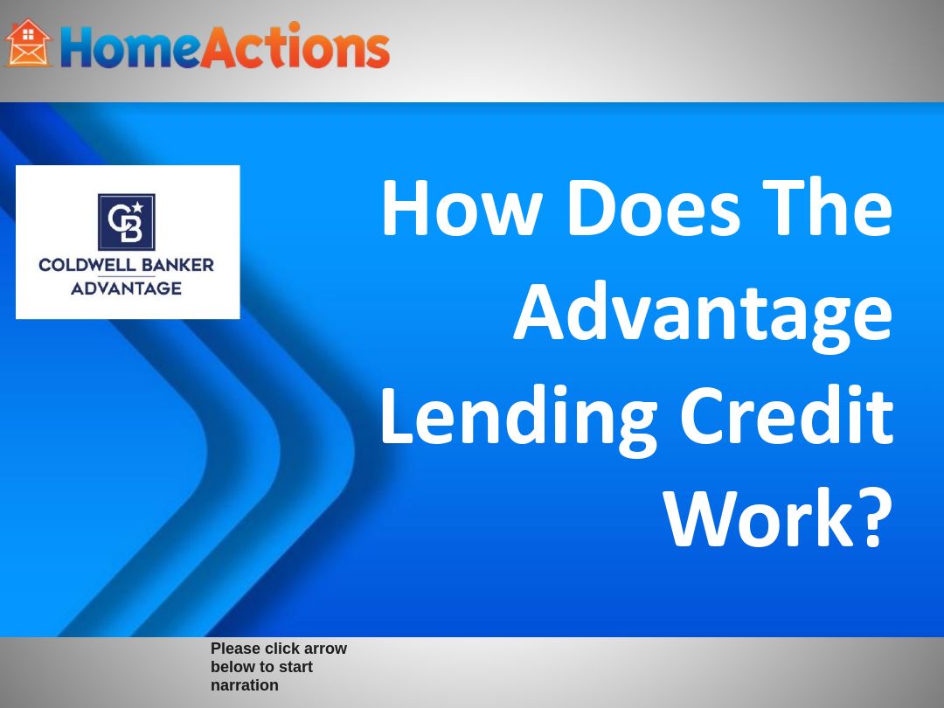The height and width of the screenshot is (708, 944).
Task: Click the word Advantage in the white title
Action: pyautogui.click(x=703, y=315)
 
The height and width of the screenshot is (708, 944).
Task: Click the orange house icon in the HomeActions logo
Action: pyautogui.click(x=29, y=44)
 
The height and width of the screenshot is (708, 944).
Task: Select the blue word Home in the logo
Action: pyautogui.click(x=129, y=47)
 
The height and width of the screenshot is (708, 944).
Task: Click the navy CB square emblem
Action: pyautogui.click(x=127, y=222)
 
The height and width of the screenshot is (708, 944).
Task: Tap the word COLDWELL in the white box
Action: pyautogui.click(x=81, y=265)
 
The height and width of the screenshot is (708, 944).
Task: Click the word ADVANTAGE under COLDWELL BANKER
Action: pyautogui.click(x=127, y=288)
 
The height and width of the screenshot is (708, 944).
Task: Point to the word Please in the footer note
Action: pyautogui.click(x=236, y=649)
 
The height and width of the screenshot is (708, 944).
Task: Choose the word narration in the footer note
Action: pyautogui.click(x=245, y=685)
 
